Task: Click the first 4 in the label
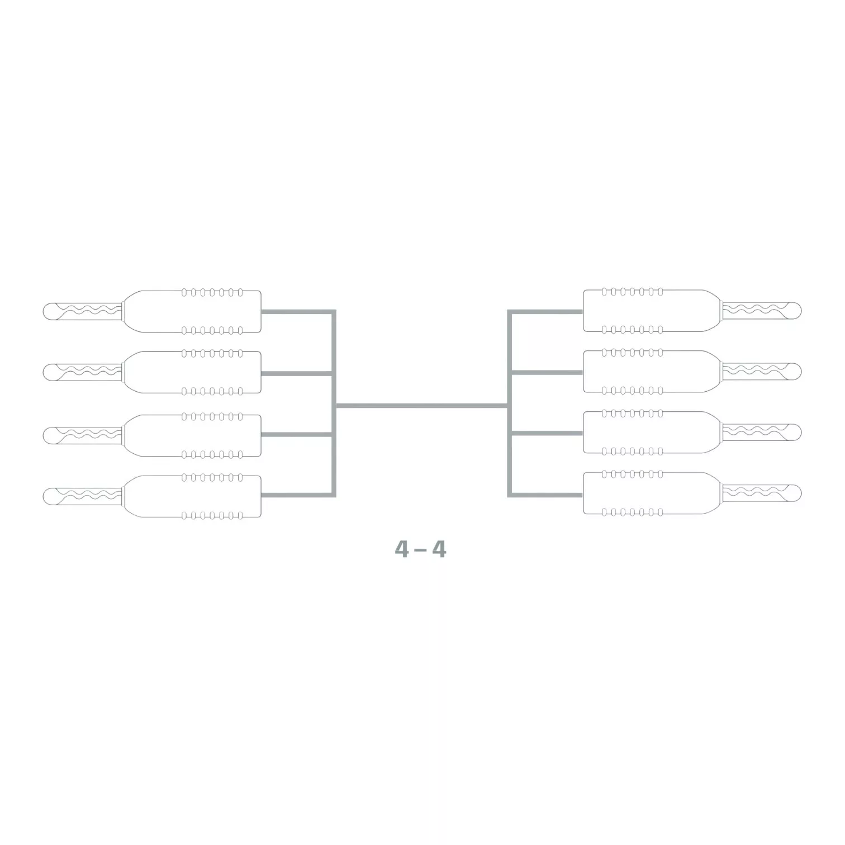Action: (x=401, y=549)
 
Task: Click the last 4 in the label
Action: (x=439, y=549)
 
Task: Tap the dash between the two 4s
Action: (x=420, y=550)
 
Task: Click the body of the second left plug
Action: (x=193, y=372)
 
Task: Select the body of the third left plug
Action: (x=193, y=435)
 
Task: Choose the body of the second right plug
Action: (x=651, y=371)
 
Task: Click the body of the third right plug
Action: (x=651, y=432)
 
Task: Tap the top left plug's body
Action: (x=193, y=311)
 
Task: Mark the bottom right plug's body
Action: (x=651, y=493)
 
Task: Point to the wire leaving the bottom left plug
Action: (x=296, y=495)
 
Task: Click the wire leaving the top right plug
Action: (x=545, y=311)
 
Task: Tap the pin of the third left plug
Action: (x=89, y=435)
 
